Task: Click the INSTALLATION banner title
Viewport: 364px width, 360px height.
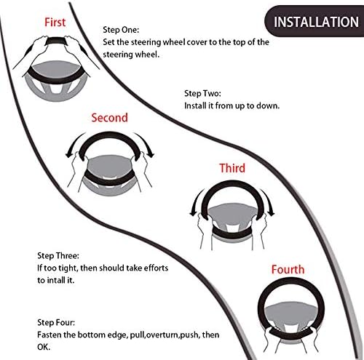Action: tap(316, 22)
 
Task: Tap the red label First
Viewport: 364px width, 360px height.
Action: tap(55, 23)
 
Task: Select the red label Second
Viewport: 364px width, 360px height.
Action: tap(109, 118)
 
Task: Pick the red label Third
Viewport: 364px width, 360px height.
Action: tap(232, 168)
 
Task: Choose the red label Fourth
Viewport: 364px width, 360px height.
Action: tap(288, 270)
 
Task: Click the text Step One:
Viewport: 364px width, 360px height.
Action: tap(121, 30)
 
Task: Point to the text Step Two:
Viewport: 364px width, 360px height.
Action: tap(202, 93)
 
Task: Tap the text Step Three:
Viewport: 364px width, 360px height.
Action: tap(58, 255)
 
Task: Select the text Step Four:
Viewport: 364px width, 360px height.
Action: tap(56, 322)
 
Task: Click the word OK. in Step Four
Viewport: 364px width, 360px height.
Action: tap(44, 347)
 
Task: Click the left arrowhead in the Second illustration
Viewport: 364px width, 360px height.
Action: tap(69, 155)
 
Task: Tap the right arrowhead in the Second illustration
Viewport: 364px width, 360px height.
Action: tap(151, 154)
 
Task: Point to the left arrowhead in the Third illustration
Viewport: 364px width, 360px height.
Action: tap(194, 212)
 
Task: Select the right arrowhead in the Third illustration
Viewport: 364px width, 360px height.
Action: tap(271, 212)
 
